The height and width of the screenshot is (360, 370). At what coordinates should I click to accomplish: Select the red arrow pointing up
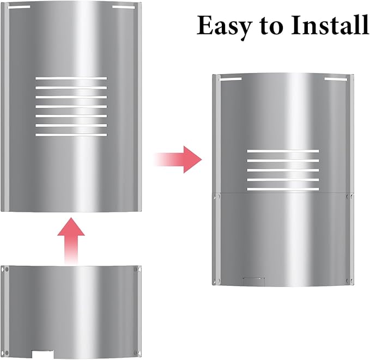click(x=71, y=241)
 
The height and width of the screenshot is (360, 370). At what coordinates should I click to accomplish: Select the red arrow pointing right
click(x=178, y=160)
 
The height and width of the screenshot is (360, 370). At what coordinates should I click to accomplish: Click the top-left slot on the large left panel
click(x=19, y=7)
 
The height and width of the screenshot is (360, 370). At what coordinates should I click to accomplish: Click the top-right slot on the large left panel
click(x=124, y=7)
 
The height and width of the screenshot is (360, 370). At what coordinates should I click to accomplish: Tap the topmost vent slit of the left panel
click(x=71, y=78)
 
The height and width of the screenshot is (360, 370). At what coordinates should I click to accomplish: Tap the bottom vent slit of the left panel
click(x=71, y=135)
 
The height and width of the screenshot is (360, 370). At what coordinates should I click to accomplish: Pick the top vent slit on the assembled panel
click(x=283, y=151)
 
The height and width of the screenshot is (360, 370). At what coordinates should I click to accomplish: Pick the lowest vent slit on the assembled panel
click(x=283, y=189)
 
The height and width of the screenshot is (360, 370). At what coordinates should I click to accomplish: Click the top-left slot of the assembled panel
click(x=231, y=79)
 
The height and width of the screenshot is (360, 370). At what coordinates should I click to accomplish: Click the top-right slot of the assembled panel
click(x=336, y=79)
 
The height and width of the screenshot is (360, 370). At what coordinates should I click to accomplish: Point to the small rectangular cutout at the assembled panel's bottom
click(x=254, y=281)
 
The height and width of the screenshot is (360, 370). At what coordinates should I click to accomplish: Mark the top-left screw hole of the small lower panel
click(x=7, y=269)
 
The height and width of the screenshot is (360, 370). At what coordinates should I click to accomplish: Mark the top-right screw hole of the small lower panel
click(x=136, y=269)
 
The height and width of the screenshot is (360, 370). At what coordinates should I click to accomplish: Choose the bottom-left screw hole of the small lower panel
click(x=7, y=353)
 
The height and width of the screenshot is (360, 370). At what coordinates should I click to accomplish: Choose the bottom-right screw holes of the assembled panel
click(x=350, y=280)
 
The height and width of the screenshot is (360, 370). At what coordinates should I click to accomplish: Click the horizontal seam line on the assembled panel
click(x=283, y=193)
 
